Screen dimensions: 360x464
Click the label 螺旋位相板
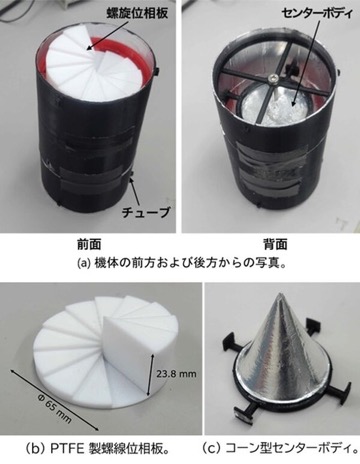137,14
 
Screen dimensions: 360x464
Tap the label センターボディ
316,14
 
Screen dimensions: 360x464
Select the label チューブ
146,211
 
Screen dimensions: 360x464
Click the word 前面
89,245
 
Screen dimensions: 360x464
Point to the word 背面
275,245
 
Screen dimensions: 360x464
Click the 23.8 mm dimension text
176,374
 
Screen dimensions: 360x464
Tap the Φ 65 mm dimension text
53,410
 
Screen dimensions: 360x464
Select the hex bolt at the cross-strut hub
273,79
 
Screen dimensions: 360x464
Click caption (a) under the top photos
182,263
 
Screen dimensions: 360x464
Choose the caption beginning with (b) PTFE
97,449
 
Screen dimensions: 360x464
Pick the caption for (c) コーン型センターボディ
280,449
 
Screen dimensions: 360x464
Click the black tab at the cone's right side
344,392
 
